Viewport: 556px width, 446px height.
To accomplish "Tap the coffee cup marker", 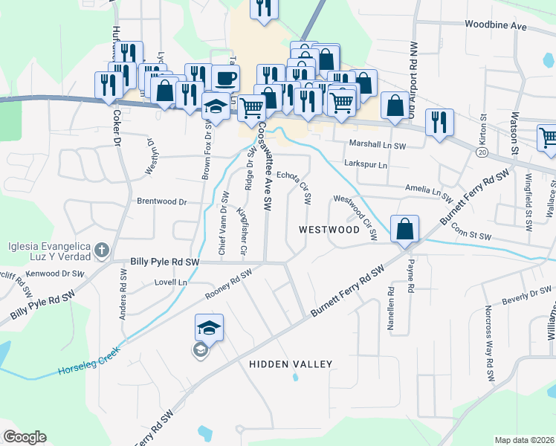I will click(x=225, y=78).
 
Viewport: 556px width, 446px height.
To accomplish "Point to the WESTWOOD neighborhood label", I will click(x=329, y=230).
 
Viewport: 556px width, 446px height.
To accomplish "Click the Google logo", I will click(x=25, y=437).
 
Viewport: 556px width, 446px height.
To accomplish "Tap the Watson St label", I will click(x=514, y=134).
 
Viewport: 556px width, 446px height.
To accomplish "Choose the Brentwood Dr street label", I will click(x=161, y=201).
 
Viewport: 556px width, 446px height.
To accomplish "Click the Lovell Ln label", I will click(x=170, y=282).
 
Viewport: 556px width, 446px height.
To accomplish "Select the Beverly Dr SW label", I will click(x=525, y=299).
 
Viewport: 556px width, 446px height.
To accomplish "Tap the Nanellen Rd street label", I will click(x=389, y=309).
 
